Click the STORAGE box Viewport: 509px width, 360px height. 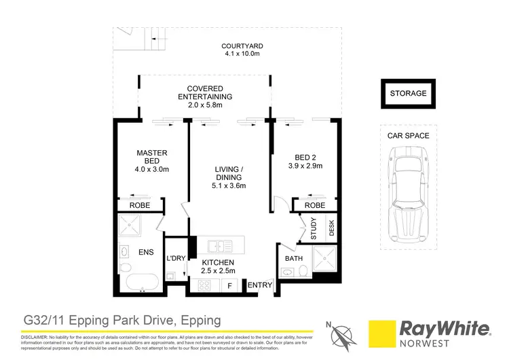pos(408,94)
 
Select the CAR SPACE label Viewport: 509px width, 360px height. pos(408,136)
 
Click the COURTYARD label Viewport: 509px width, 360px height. pos(242,47)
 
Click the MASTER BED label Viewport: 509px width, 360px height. pos(151,157)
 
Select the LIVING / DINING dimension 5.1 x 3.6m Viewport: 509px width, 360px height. pos(228,185)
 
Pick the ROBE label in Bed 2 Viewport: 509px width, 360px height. pos(314,205)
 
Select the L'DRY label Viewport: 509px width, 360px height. pos(176,259)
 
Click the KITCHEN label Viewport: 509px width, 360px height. pos(217,262)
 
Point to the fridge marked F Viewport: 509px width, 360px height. pos(229,286)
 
